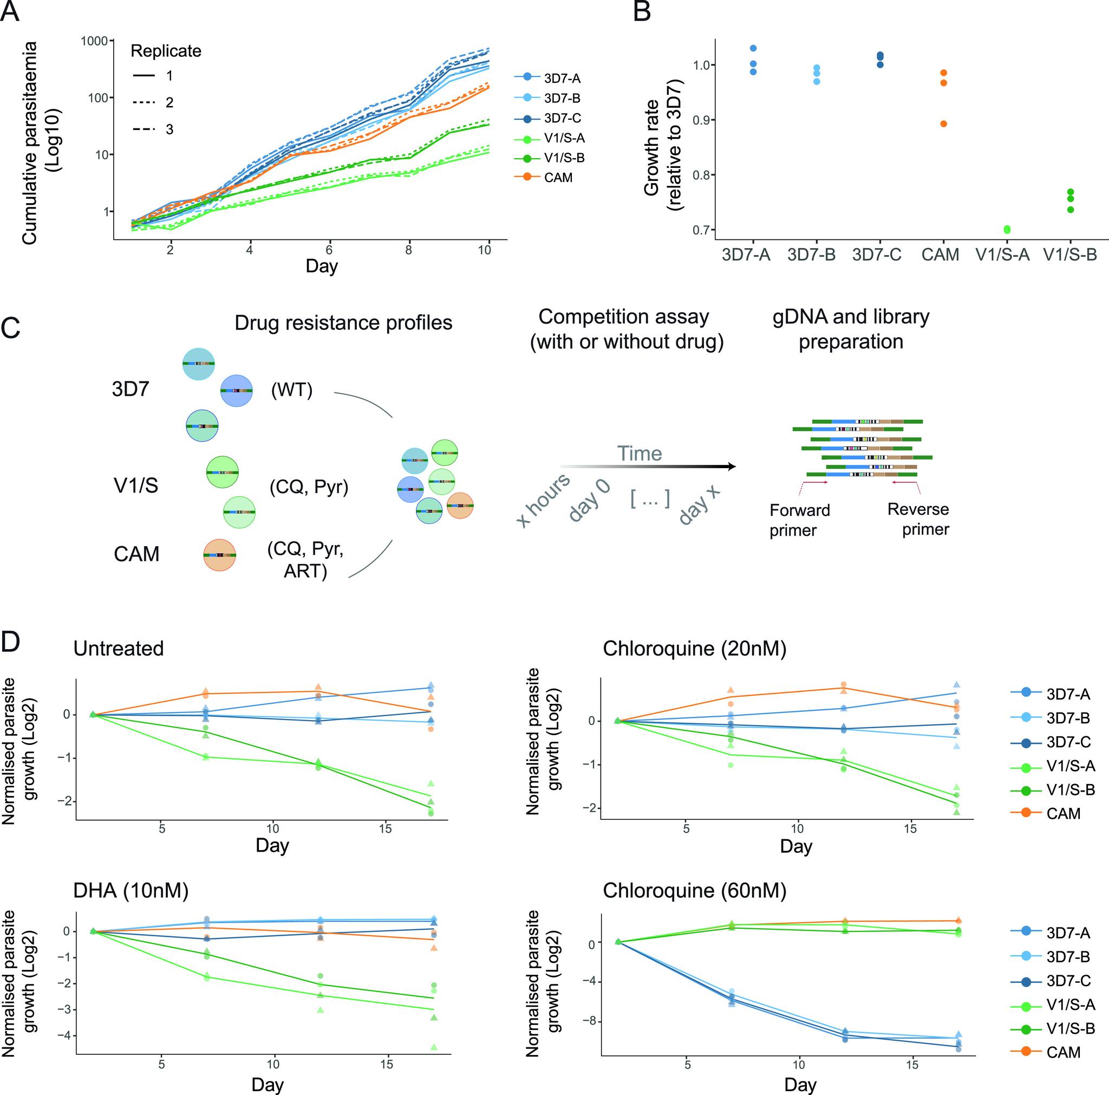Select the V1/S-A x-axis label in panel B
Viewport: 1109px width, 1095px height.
click(1003, 254)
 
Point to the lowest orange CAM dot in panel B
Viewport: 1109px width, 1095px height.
click(943, 124)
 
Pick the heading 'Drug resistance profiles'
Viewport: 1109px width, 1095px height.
click(343, 323)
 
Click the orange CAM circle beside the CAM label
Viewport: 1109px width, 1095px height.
click(220, 555)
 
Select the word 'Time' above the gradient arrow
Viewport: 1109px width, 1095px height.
click(640, 453)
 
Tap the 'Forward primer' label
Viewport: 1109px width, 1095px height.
click(800, 520)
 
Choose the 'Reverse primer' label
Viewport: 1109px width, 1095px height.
click(918, 519)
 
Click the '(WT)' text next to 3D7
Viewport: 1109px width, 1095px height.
click(292, 391)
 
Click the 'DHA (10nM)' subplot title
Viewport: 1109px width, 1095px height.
click(131, 890)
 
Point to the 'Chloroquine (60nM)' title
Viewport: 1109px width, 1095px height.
click(695, 890)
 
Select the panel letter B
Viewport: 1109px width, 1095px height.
click(642, 11)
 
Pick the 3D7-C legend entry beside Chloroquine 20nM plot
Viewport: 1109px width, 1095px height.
click(1068, 742)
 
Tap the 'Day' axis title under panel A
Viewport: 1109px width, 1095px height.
click(322, 266)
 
